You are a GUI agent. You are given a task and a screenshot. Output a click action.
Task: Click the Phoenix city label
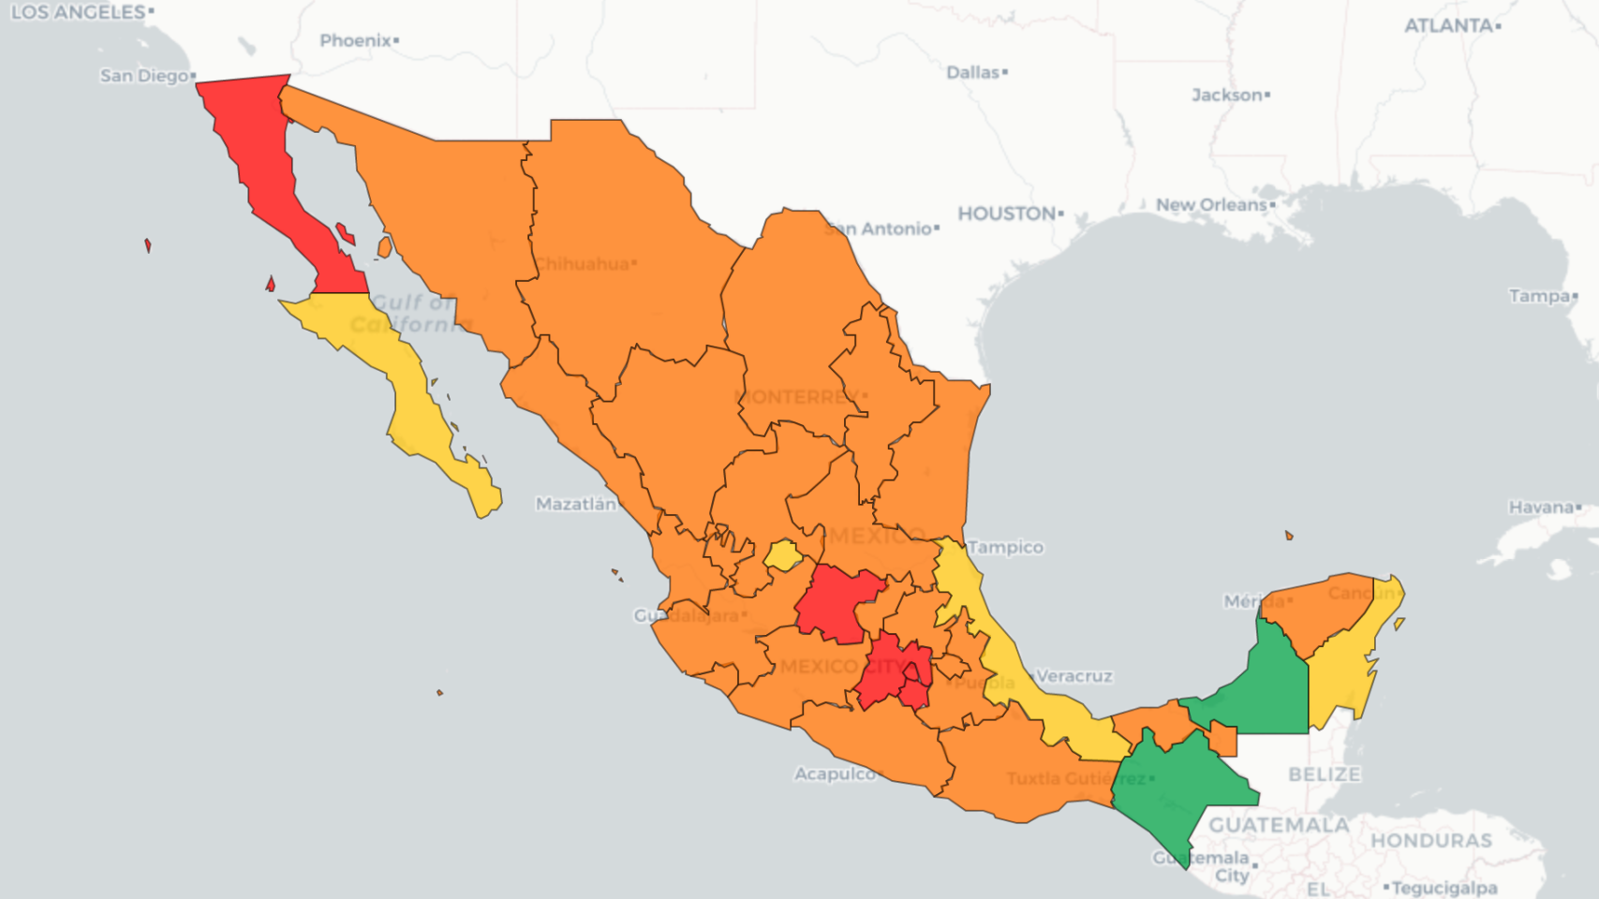(x=355, y=40)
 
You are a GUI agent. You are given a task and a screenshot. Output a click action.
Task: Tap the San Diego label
(x=144, y=76)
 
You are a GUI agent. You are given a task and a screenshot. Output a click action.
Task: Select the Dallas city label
(x=972, y=72)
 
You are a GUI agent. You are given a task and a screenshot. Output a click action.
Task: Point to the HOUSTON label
(x=1006, y=214)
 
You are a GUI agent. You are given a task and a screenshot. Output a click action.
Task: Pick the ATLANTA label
(x=1447, y=26)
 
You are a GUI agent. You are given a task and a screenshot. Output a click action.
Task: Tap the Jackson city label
(x=1226, y=95)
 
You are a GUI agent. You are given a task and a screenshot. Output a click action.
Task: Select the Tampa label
(x=1538, y=296)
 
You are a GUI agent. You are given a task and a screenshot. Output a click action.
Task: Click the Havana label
(x=1540, y=508)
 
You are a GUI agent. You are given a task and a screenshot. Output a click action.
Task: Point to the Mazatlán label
(x=575, y=504)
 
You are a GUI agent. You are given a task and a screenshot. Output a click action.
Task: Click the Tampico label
(x=1005, y=547)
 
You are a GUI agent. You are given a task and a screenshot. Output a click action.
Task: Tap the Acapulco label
(x=835, y=774)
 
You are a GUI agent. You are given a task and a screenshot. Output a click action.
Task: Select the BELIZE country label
(x=1324, y=774)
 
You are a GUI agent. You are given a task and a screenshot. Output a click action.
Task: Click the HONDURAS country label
(x=1430, y=840)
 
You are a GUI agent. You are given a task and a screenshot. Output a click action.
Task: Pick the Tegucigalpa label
(x=1444, y=887)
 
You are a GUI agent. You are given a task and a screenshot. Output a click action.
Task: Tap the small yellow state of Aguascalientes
(x=782, y=555)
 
